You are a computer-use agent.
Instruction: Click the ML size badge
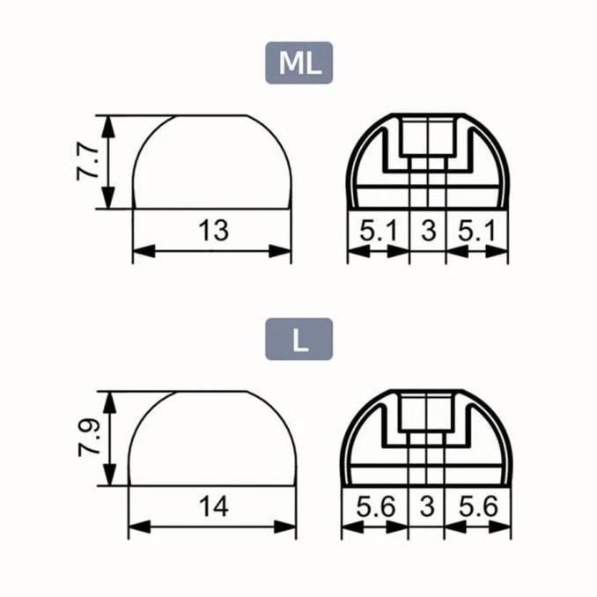click(x=298, y=63)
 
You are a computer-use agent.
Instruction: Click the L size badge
click(x=298, y=339)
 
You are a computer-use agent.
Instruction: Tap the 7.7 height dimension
click(x=87, y=163)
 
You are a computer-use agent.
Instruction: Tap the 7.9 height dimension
click(x=89, y=439)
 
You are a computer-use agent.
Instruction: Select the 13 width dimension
click(x=214, y=231)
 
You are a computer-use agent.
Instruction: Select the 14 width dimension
click(x=214, y=507)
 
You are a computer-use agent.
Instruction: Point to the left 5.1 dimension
click(x=378, y=231)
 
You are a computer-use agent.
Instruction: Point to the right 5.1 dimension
click(x=477, y=231)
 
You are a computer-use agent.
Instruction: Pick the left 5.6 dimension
click(x=375, y=507)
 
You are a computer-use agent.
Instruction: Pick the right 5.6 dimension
click(x=478, y=507)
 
